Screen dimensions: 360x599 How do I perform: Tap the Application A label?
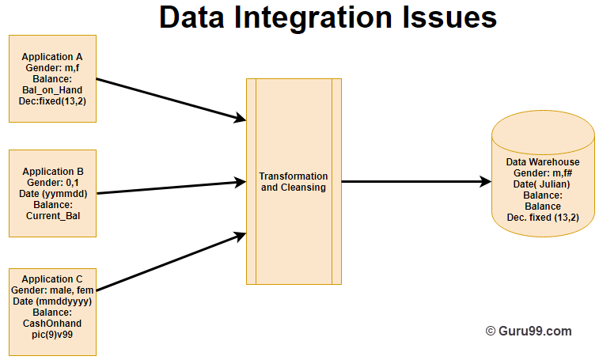click(52, 57)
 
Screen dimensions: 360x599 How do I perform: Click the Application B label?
click(52, 172)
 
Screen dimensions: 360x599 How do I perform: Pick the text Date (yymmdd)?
click(52, 194)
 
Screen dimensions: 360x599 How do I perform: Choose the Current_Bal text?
click(52, 215)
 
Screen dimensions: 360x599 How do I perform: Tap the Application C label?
click(52, 279)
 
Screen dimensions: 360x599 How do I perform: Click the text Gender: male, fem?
click(52, 290)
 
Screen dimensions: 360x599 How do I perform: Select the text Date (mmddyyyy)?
click(52, 301)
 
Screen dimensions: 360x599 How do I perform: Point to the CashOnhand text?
click(52, 324)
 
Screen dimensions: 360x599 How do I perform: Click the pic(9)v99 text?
click(52, 335)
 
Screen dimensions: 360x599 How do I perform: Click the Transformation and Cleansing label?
click(294, 182)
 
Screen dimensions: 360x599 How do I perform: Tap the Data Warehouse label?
click(542, 162)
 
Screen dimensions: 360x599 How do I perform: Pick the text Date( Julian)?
click(542, 184)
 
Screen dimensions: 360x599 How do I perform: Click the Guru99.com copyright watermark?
click(528, 332)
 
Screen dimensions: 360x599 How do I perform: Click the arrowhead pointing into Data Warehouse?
click(485, 182)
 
